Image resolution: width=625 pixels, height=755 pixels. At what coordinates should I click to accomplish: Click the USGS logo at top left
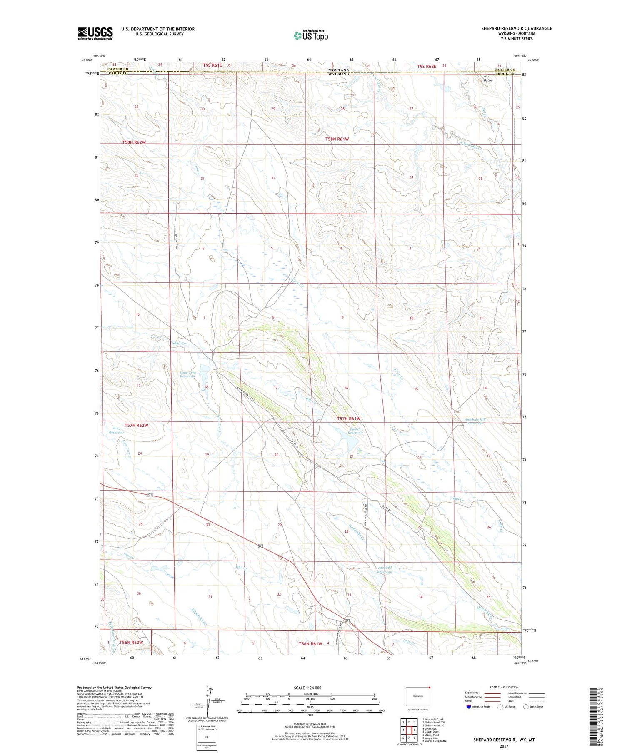[95, 33]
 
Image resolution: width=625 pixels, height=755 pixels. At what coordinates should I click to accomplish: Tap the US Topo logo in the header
[310, 36]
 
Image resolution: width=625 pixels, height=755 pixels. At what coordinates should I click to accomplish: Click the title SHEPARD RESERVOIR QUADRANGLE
[517, 28]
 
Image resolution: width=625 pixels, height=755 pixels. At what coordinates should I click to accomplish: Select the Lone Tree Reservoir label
[187, 374]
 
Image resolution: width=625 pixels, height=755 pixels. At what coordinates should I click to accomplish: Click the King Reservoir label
[117, 430]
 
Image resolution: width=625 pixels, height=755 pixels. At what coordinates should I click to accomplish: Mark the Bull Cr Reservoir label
[355, 431]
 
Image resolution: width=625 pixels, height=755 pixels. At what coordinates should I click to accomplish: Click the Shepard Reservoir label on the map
[385, 570]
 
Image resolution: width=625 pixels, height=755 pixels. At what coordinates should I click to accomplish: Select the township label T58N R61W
[337, 139]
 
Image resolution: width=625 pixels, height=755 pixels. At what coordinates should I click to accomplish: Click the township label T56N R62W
[131, 643]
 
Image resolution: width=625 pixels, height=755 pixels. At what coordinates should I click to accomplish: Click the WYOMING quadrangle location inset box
[418, 696]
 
